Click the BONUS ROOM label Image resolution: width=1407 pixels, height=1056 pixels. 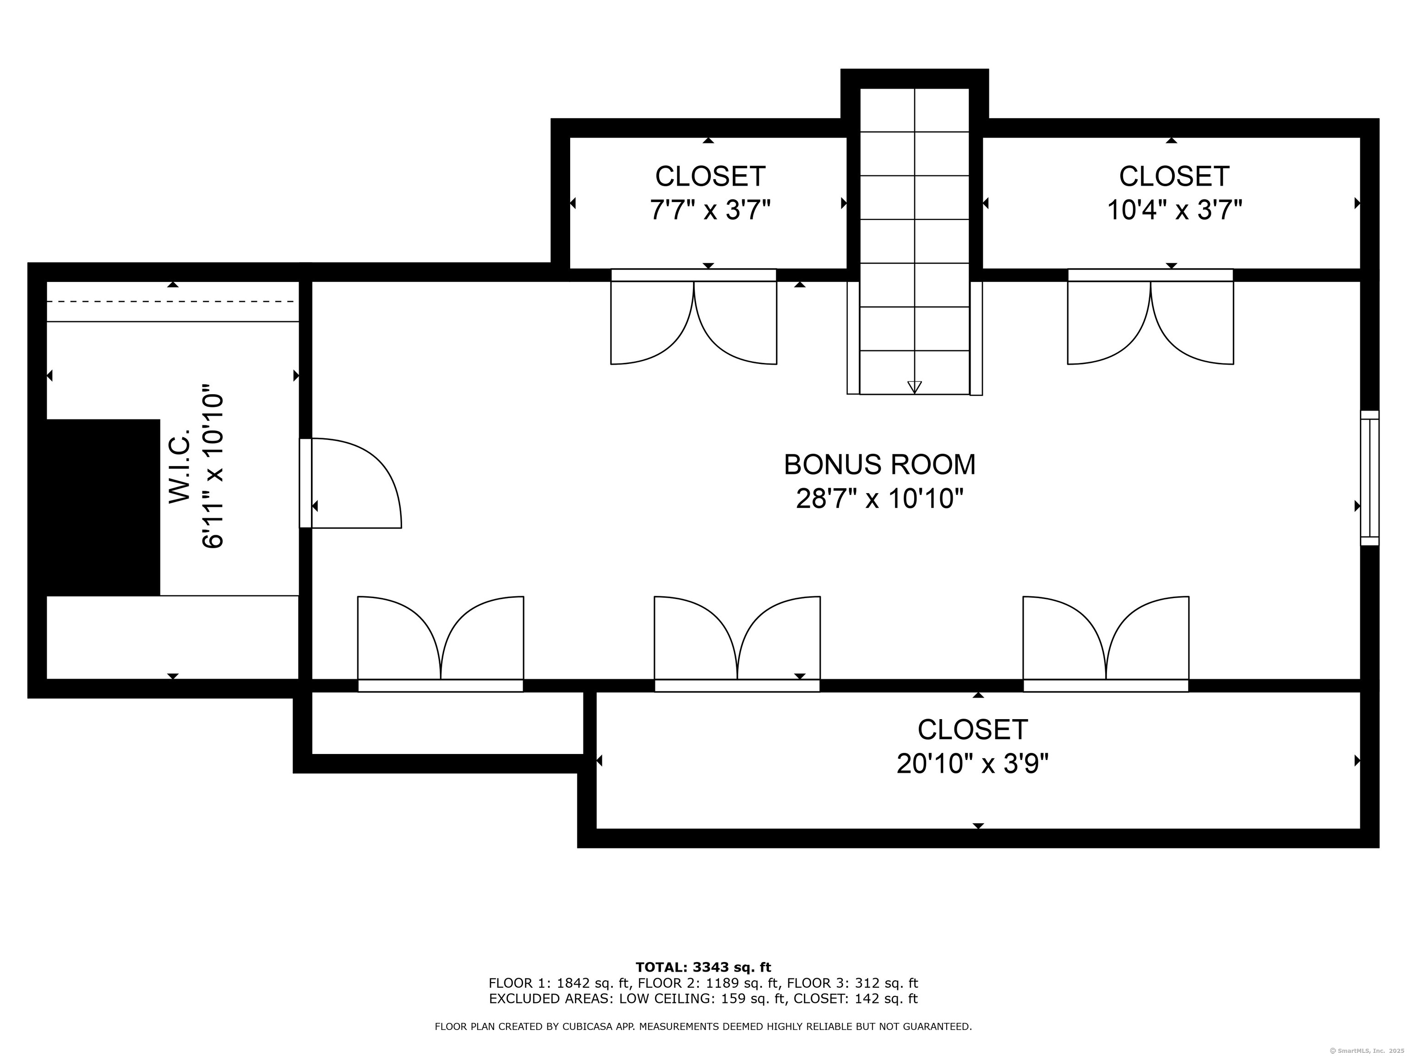880,465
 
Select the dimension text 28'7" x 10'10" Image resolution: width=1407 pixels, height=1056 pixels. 880,498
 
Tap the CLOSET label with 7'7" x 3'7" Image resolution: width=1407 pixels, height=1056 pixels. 710,176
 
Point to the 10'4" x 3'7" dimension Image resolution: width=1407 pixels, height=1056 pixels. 1174,209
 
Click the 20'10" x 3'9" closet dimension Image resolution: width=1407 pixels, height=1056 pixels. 972,763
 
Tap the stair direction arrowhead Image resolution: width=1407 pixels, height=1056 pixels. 915,387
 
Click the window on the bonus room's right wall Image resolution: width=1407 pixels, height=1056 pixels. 1369,478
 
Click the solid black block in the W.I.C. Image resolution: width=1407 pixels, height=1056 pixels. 103,507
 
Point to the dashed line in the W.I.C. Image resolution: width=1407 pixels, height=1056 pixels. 172,302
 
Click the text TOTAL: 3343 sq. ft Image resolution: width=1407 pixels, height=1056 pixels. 703,968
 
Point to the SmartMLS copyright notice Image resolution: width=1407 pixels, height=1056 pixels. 1365,1050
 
